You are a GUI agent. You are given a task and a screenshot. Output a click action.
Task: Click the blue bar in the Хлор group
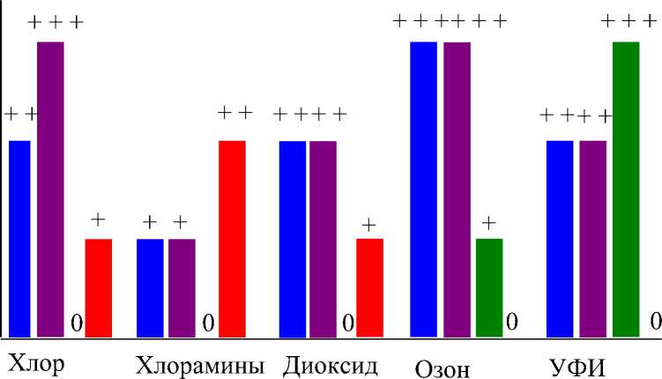coord(19,238)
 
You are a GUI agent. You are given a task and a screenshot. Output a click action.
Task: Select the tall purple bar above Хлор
coord(50,189)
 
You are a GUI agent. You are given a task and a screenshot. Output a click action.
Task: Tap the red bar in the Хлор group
coord(99,287)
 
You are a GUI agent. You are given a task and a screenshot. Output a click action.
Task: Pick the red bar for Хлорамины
coord(232,238)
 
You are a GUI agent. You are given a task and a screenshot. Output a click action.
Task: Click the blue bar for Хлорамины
coord(150,287)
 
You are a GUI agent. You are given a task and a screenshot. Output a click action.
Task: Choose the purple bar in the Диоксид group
coord(324,238)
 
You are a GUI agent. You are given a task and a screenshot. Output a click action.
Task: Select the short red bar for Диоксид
coord(369,287)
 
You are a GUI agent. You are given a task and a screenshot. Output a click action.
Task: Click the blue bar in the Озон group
coord(424,189)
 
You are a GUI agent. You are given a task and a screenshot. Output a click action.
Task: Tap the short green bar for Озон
coord(489,287)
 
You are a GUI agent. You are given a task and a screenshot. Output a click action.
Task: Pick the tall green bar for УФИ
coord(625,189)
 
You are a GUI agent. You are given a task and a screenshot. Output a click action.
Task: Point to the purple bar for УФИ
coord(592,238)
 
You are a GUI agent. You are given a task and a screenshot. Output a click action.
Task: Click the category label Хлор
coord(36,363)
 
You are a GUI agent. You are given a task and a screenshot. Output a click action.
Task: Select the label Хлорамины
coord(200,365)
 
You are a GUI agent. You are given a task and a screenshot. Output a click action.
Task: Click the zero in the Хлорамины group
coord(209,323)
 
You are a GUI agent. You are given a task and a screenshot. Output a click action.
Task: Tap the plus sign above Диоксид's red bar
coord(368,224)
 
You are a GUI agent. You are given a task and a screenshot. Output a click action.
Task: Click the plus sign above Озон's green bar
coord(489,222)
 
